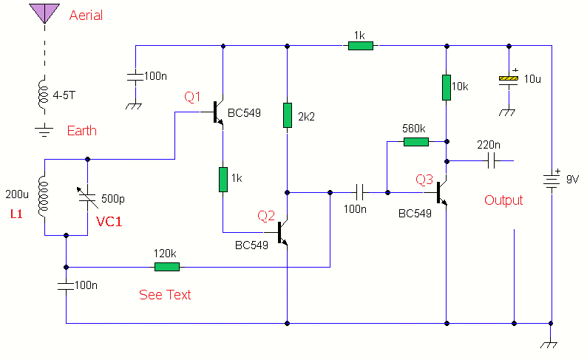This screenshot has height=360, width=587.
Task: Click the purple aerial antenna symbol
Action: pos(44,13)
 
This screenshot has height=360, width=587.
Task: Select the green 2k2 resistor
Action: pos(287,115)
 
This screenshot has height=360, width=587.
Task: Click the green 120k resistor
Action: pos(166,266)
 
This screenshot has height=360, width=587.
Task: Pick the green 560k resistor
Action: pos(416,141)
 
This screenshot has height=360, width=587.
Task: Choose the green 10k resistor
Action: pos(446,87)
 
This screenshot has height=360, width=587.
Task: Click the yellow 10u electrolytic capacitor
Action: pos(507,79)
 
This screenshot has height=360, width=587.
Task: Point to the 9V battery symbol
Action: pos(551,179)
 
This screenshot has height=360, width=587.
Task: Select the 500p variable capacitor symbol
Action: pos(88,197)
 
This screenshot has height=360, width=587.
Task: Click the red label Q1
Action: pos(192,97)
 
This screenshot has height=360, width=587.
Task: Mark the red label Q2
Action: pos(265,216)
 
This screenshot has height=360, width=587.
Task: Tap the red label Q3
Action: pos(425,179)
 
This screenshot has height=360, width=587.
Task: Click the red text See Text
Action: pos(165,295)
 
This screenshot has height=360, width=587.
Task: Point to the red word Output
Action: pos(503,200)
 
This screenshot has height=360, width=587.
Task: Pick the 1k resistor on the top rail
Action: pos(361,46)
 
